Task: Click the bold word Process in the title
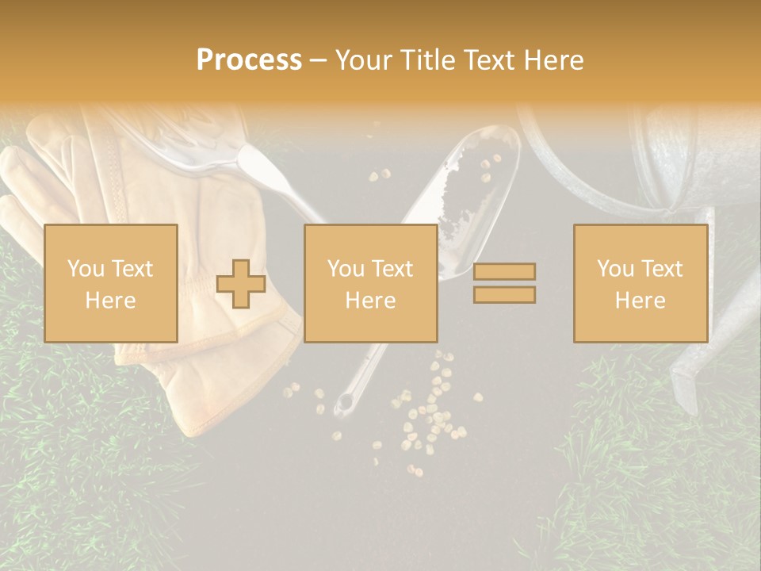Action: point(249,60)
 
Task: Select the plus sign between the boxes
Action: point(241,284)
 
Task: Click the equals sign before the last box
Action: point(504,283)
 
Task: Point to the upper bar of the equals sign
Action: point(504,271)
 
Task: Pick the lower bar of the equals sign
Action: point(504,295)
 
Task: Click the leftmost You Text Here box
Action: point(110,283)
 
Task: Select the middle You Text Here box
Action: point(370,283)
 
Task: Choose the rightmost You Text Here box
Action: point(640,283)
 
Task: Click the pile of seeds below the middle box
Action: point(428,420)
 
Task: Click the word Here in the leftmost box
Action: point(110,300)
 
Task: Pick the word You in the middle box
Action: point(346,269)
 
